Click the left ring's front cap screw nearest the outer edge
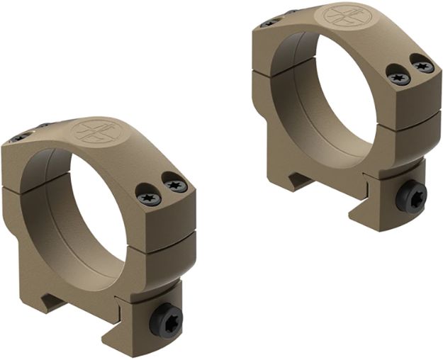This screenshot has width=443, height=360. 174,185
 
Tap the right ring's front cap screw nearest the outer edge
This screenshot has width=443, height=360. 422,66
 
